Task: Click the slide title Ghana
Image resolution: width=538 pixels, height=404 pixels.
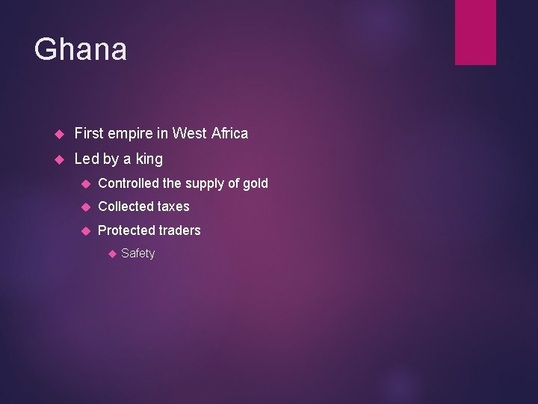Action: (81, 50)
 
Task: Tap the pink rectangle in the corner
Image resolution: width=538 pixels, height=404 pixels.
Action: (475, 31)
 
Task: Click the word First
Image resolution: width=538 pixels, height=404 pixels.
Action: (89, 134)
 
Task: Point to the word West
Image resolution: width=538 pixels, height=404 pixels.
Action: (190, 134)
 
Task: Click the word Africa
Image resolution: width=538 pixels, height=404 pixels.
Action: (229, 134)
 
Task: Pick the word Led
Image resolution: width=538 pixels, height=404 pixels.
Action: (87, 159)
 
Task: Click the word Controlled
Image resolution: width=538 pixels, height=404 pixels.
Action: (129, 183)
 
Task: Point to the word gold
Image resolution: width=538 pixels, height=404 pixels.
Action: (256, 183)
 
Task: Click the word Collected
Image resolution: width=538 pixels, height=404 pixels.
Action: (126, 206)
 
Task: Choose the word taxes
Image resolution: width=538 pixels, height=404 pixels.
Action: (173, 206)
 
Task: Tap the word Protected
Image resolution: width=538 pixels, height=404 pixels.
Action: (126, 230)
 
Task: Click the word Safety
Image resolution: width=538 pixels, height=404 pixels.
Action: (137, 254)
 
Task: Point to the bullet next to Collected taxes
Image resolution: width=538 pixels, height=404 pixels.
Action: (86, 207)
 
